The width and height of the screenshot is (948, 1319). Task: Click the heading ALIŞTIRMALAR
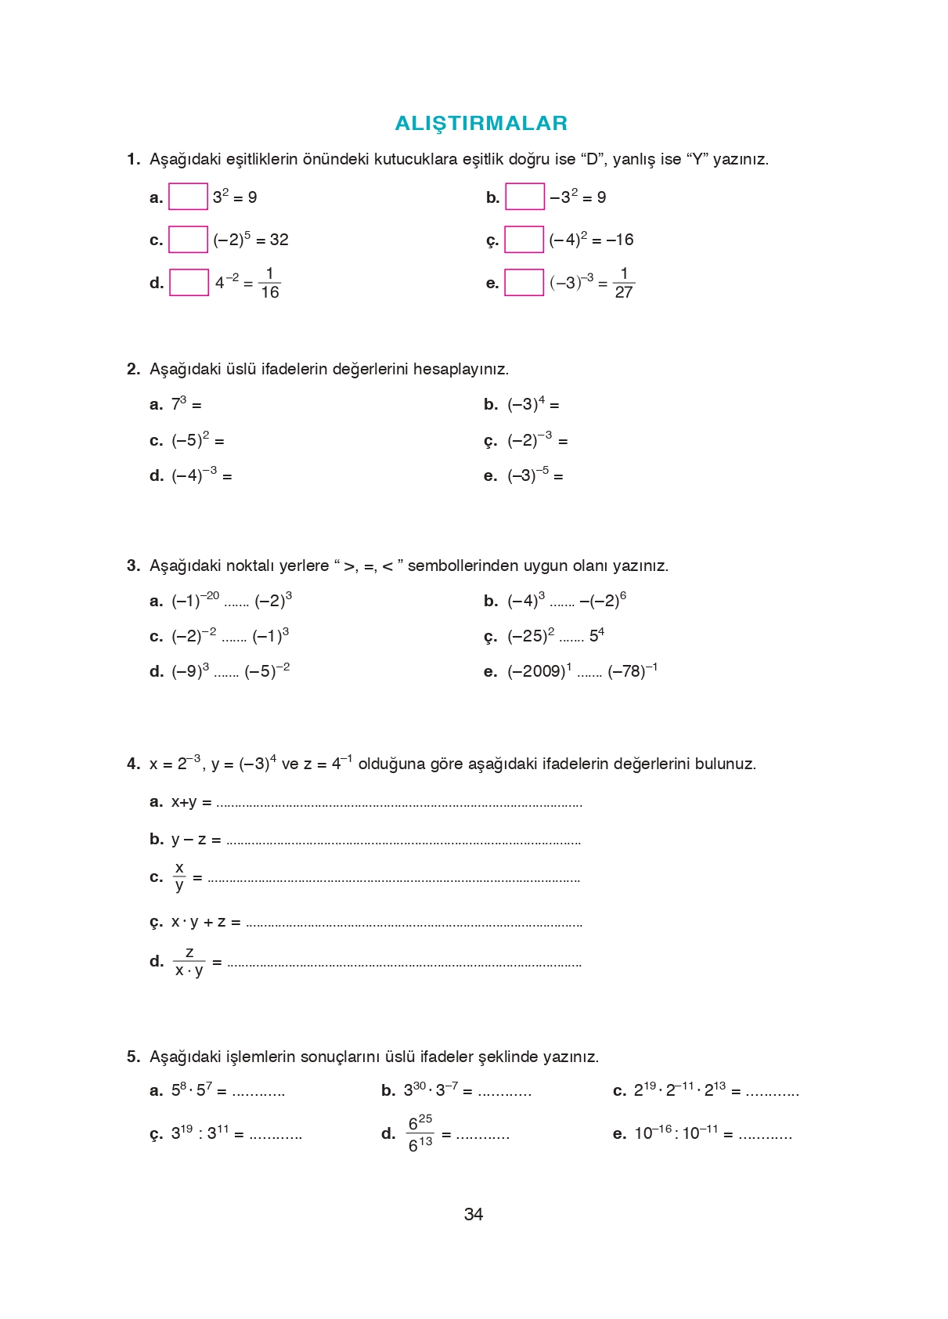tap(481, 123)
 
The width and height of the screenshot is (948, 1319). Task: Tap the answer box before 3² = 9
tap(188, 197)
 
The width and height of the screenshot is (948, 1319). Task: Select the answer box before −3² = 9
tap(524, 197)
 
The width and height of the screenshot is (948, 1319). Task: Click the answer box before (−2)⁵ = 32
tap(188, 240)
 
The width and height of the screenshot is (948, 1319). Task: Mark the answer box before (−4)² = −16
tap(524, 240)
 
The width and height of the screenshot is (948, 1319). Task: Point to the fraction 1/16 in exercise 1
tap(269, 283)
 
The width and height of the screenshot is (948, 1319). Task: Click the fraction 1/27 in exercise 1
tap(623, 283)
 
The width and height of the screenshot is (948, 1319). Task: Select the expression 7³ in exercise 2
tap(179, 404)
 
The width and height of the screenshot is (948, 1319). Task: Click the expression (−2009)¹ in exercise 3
tap(539, 671)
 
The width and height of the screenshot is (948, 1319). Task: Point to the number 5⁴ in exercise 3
tap(597, 635)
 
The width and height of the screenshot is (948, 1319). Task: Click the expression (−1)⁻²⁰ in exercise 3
tap(195, 601)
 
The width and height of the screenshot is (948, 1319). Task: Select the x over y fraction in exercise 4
tap(179, 876)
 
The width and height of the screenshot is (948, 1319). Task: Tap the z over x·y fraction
tap(189, 961)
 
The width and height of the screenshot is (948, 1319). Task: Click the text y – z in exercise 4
tap(189, 840)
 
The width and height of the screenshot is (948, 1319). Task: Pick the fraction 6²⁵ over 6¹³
tap(420, 1133)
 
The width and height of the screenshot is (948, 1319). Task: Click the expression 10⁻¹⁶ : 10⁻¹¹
tap(676, 1133)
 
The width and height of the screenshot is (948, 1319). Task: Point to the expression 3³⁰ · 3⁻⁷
tap(431, 1090)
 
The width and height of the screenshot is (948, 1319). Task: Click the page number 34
tap(474, 1214)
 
